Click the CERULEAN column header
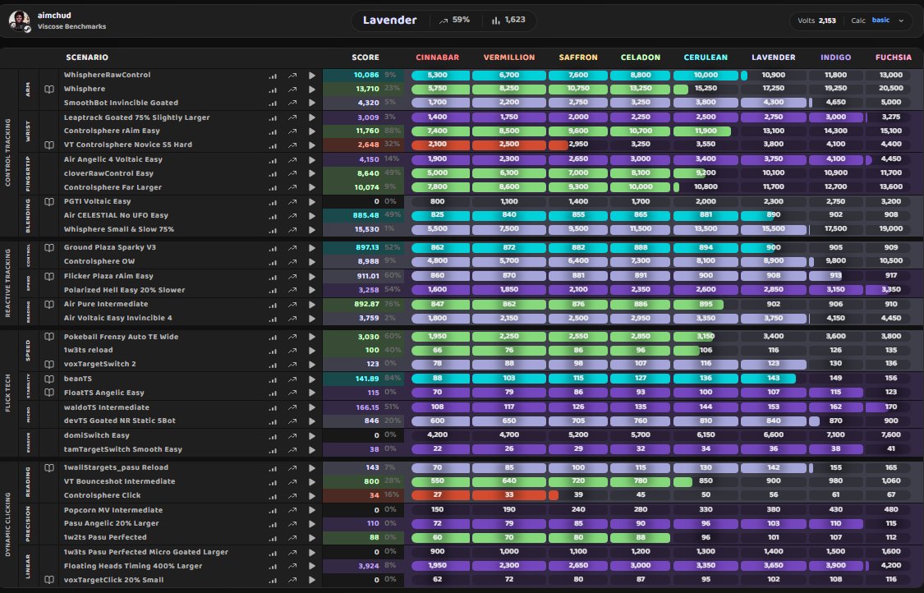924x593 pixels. [704, 57]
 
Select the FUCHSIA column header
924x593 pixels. [893, 57]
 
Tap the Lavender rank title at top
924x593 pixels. [390, 20]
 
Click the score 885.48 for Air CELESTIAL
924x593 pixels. [365, 215]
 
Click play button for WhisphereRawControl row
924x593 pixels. [312, 76]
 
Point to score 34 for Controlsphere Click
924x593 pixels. [374, 495]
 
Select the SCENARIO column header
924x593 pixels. [86, 57]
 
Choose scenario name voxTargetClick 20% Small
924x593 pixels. [113, 580]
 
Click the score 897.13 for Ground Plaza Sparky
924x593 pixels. [365, 247]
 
